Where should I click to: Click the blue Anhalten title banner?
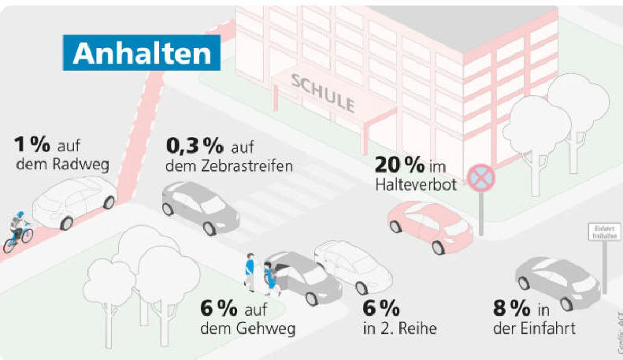click(x=142, y=53)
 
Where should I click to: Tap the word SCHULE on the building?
click(x=323, y=94)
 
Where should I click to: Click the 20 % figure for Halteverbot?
click(x=399, y=165)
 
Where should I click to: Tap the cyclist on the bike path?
click(x=18, y=230)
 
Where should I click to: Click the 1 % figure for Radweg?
click(x=32, y=145)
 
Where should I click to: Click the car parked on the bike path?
click(x=75, y=201)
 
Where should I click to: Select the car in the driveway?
click(x=557, y=281)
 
